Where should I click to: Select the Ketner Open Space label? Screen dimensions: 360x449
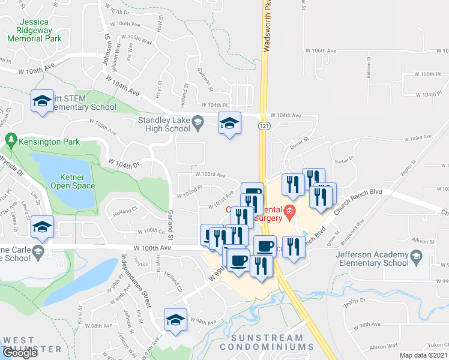[77, 181]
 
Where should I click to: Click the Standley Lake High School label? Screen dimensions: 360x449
[164, 124]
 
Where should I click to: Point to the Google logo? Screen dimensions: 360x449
[20, 353]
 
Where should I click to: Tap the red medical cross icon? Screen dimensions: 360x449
[289, 210]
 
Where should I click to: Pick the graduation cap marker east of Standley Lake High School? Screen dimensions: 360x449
[229, 124]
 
